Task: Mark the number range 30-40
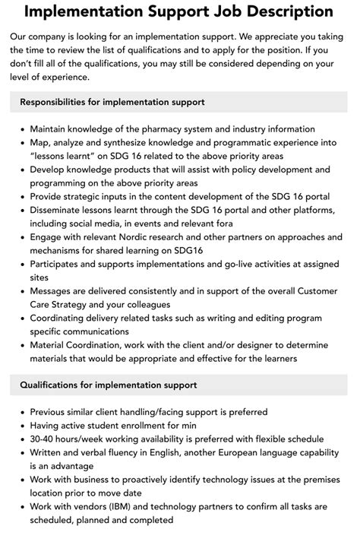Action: tap(44, 439)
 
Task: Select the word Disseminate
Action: tap(61, 211)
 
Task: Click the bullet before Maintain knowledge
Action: tap(23, 129)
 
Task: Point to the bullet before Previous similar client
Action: tap(23, 412)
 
